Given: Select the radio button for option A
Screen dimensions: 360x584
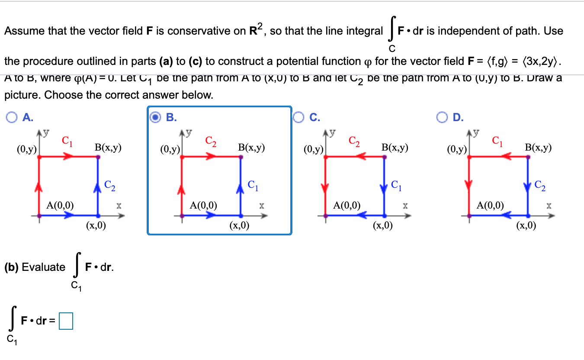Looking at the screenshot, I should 13,117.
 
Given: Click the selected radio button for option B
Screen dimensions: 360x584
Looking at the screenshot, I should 156,117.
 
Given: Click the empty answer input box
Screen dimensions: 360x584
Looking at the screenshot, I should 66,321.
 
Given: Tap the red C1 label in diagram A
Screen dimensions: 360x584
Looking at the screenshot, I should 67,141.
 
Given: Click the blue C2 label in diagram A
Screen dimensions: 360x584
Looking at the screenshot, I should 110,186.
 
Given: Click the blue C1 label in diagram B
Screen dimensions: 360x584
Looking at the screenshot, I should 253,186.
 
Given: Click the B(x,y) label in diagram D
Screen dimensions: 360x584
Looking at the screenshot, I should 538,148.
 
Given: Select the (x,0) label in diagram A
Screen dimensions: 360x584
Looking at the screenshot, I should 96,225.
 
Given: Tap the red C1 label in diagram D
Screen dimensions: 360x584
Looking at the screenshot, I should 497,141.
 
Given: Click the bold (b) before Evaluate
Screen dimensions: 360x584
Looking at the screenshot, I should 12,267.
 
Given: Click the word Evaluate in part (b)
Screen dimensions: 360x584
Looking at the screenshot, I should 43,267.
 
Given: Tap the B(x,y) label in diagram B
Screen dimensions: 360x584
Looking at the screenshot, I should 251,148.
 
